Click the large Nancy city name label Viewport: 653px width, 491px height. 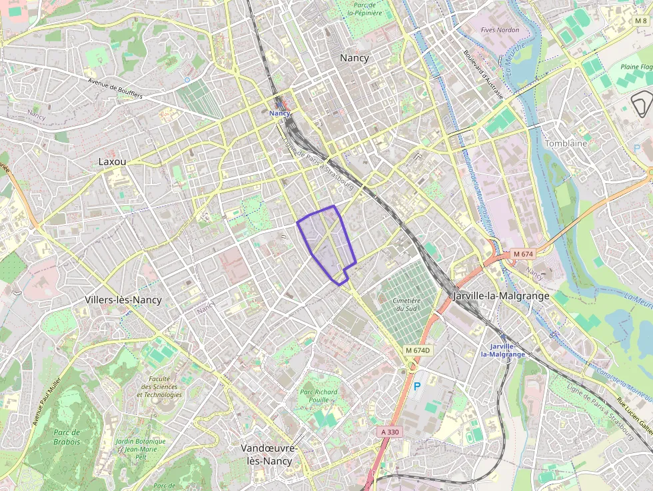[354, 58]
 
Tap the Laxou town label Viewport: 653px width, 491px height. [112, 161]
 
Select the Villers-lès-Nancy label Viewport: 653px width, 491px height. [123, 300]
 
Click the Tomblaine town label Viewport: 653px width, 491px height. [566, 143]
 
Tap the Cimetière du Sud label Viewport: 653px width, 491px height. [406, 304]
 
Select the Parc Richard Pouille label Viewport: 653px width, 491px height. [319, 396]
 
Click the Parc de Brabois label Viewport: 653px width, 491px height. [67, 437]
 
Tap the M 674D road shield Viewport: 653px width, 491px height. [418, 350]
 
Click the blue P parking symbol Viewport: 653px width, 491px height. [417, 386]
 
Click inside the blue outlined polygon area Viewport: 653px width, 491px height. [326, 240]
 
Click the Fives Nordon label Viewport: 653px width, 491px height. [500, 30]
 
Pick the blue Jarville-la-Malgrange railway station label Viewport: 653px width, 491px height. [506, 350]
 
